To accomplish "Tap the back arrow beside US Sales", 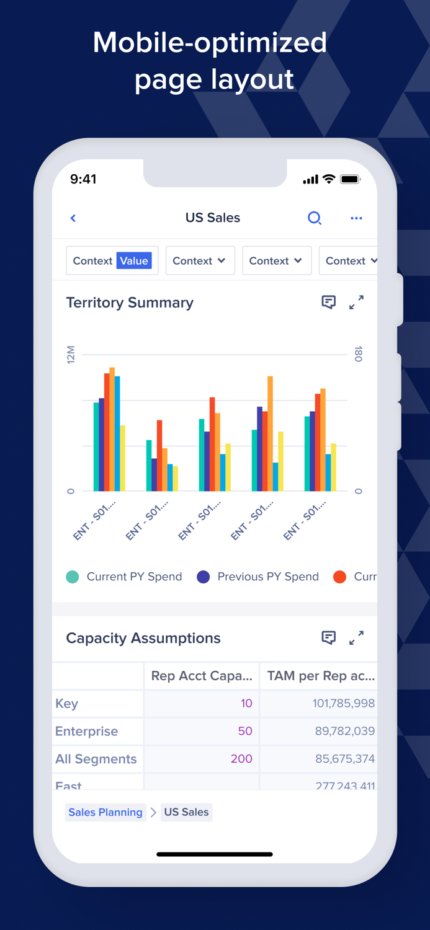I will (x=73, y=218).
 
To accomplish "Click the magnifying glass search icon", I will (x=315, y=218).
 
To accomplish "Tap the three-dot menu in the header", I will (x=356, y=218).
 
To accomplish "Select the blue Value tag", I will (x=134, y=261).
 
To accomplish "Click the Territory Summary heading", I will (x=130, y=303).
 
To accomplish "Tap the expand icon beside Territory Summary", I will (x=356, y=303).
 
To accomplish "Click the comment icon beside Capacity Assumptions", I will (x=329, y=637).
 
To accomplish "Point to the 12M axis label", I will (x=71, y=355).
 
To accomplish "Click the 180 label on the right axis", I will (x=358, y=355).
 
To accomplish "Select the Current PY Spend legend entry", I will (x=124, y=577).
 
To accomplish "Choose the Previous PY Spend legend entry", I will (x=258, y=577).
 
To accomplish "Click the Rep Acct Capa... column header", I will (x=202, y=676).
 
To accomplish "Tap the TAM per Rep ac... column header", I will (x=321, y=676).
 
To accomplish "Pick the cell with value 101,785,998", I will (x=343, y=704).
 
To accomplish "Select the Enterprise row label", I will (x=86, y=731).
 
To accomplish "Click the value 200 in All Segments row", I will (x=241, y=759).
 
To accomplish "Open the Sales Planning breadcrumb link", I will (x=105, y=812).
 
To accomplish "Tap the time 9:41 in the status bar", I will (x=83, y=179).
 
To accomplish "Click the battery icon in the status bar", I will (x=350, y=179).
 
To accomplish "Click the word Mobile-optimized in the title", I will (x=210, y=43).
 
